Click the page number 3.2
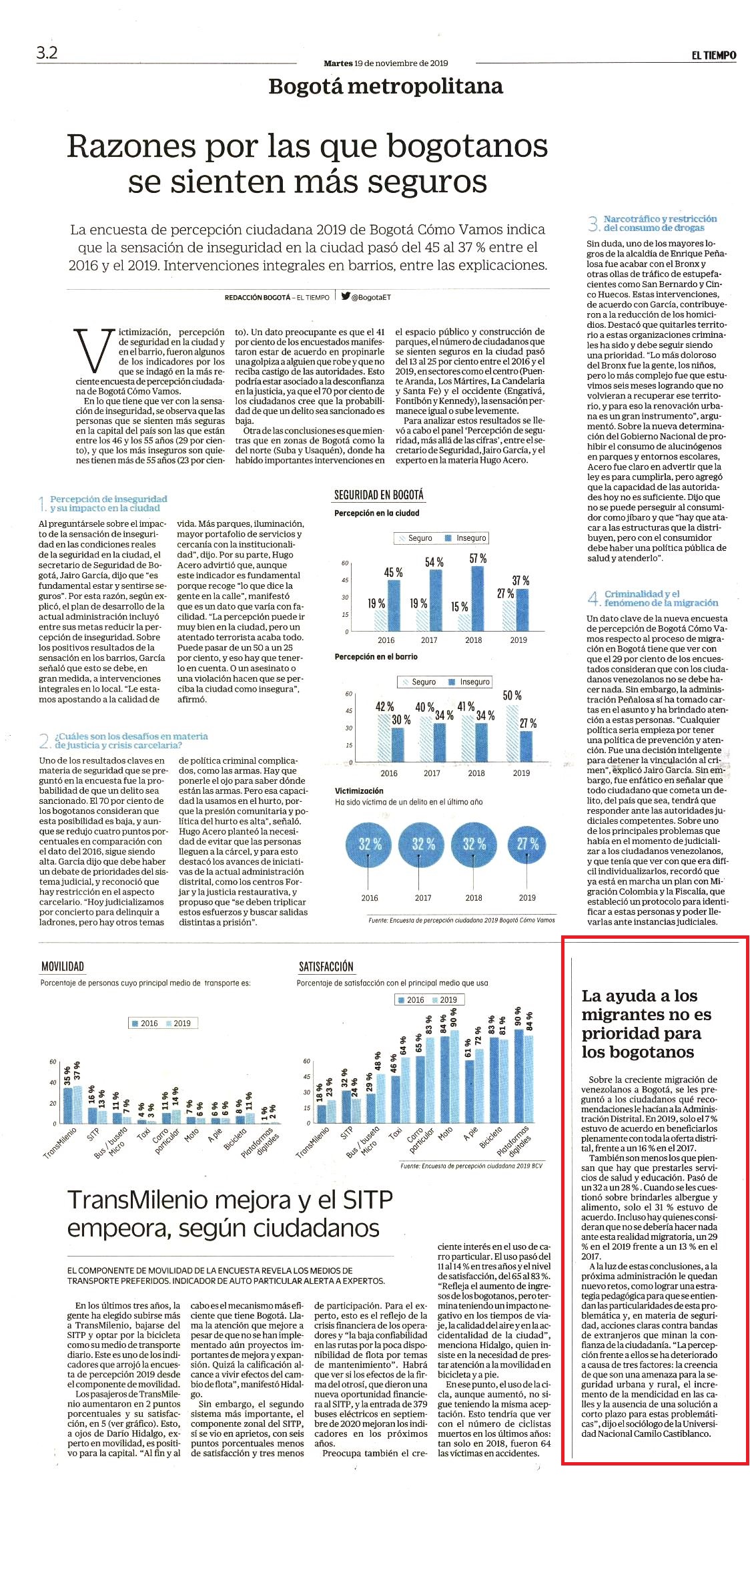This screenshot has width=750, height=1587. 47,53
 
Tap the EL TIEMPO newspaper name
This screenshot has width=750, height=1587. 713,55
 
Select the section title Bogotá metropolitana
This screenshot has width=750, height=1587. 386,86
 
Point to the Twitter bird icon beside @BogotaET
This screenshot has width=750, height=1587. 346,296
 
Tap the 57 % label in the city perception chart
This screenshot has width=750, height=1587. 478,558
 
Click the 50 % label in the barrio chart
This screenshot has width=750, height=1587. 512,696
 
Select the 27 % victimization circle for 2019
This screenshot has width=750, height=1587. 527,844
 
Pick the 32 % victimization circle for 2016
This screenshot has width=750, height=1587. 369,844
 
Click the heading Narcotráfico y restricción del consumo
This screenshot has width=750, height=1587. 660,223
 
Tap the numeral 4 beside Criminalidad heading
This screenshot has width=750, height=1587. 593,598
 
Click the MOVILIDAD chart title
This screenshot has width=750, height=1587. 63,966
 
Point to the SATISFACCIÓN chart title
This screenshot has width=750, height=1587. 326,966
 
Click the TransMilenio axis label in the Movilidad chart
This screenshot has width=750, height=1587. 61,1142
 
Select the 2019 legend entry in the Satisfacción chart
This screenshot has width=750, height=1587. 445,999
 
